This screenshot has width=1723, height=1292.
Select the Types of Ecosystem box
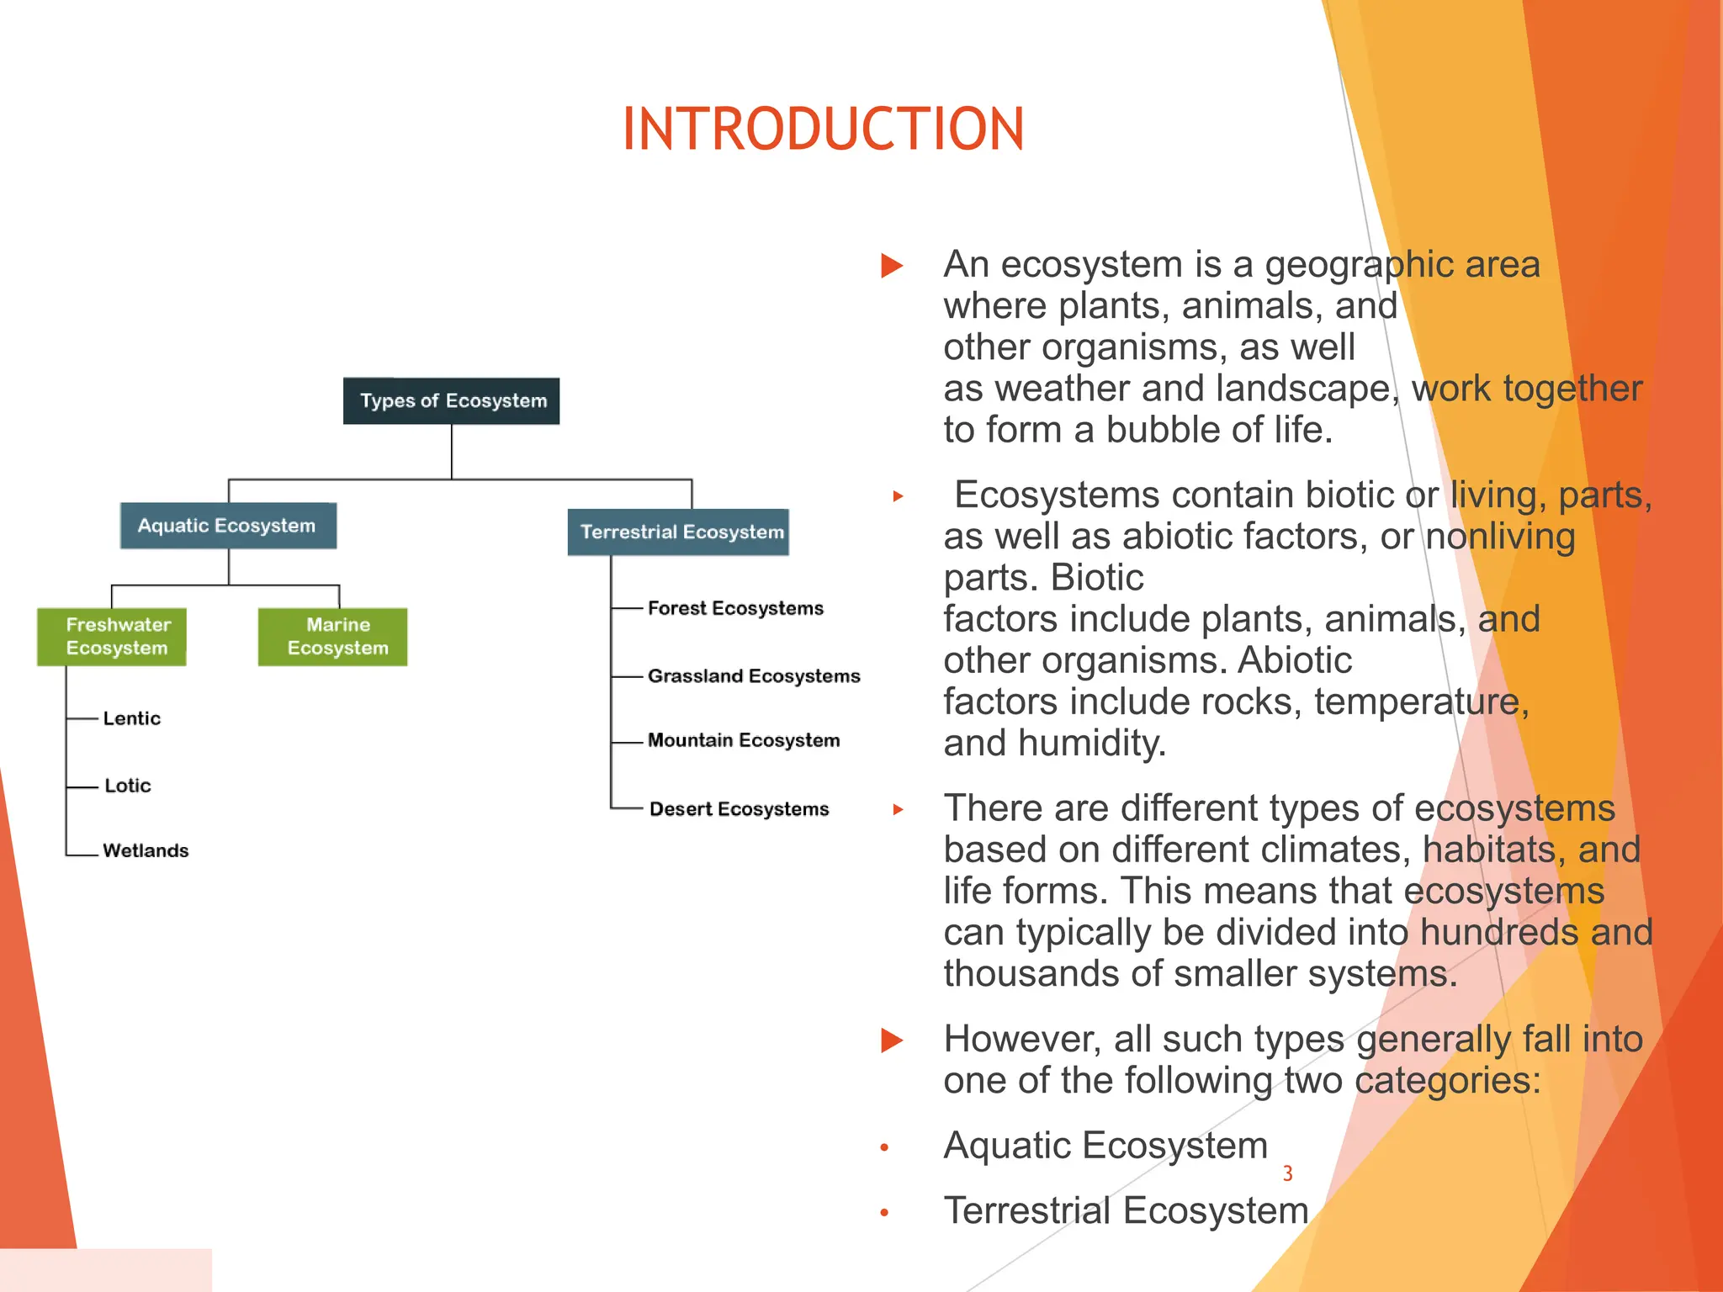coord(452,401)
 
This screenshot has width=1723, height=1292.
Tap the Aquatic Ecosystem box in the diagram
coord(228,526)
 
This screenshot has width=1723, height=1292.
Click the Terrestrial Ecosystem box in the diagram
coord(679,532)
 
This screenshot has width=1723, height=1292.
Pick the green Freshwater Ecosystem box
coord(112,637)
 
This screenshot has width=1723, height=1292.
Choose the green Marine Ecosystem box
coord(333,637)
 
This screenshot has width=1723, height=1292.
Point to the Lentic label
coord(131,718)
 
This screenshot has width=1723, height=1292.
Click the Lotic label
coord(127,786)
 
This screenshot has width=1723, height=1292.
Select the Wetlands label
coord(146,850)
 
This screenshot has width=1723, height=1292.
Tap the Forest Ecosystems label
coord(735,608)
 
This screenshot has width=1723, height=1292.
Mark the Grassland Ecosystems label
coord(754,676)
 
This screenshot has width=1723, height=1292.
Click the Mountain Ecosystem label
coord(744,740)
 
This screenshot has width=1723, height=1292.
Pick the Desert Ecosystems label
coord(739,809)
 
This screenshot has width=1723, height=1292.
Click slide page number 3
coord(1287,1173)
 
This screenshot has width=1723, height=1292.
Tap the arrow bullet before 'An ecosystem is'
coord(892,266)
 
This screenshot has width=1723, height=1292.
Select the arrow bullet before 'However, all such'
coord(892,1040)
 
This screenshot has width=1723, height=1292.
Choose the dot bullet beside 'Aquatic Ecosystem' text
coord(884,1147)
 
